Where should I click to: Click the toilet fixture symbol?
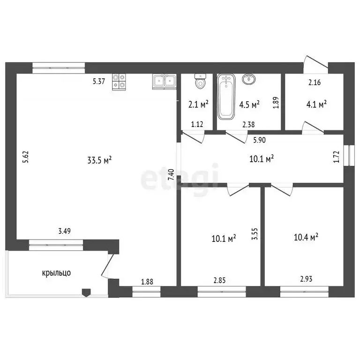(200, 81)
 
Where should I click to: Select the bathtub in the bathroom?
(226, 97)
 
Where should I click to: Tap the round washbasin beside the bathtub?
(248, 79)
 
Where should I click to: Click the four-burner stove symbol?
(119, 82)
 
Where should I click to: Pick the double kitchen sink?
(164, 82)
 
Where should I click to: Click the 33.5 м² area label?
(99, 160)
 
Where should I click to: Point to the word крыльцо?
(56, 273)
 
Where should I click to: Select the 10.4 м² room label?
(306, 237)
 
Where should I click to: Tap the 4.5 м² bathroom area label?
(249, 105)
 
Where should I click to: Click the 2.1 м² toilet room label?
(198, 105)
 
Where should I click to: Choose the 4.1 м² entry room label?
(316, 105)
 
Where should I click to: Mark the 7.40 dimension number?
(171, 175)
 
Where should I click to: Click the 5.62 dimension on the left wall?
(25, 157)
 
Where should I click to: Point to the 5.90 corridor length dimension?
(259, 140)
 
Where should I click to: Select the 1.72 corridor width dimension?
(336, 157)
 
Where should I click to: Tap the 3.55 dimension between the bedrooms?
(255, 234)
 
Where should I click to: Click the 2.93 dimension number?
(306, 279)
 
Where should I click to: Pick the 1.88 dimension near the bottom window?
(147, 282)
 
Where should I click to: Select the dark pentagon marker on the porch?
(86, 292)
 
